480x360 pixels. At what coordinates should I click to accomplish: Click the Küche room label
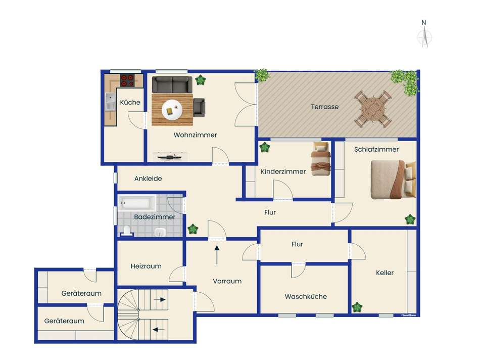(130, 102)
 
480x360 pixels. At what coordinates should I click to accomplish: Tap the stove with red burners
(127, 80)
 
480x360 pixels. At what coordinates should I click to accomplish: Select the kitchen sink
(110, 102)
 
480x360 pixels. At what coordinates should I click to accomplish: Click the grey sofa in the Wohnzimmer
(172, 84)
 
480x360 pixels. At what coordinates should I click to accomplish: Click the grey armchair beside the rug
(199, 108)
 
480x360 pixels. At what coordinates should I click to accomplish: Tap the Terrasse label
(325, 107)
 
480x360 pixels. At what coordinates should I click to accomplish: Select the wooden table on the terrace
(373, 109)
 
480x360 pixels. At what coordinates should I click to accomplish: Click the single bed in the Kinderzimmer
(321, 159)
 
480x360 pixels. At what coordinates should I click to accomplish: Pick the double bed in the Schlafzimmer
(393, 179)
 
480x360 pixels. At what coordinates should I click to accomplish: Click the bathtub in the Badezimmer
(136, 203)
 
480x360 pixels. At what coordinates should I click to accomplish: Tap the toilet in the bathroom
(127, 231)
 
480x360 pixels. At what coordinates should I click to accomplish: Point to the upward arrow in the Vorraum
(217, 255)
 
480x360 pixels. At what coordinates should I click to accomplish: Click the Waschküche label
(306, 297)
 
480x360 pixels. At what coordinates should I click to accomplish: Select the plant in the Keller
(357, 307)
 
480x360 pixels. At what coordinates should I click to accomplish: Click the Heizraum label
(146, 266)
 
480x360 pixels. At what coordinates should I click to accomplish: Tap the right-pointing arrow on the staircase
(160, 299)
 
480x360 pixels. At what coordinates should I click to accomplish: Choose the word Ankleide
(148, 178)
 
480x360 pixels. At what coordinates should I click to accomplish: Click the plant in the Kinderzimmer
(264, 147)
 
